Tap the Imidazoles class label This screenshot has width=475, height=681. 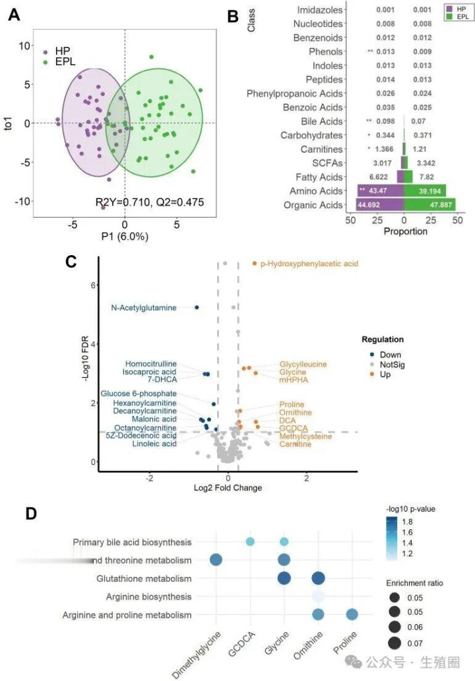[x=319, y=10]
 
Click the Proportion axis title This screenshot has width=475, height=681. [x=405, y=231]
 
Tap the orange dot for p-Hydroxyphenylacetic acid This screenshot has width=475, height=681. [x=255, y=264]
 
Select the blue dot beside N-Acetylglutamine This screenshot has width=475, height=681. [x=197, y=307]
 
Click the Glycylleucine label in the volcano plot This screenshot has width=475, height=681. [x=303, y=364]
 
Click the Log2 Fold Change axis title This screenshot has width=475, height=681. [x=228, y=488]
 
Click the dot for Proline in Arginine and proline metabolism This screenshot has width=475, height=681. [x=352, y=614]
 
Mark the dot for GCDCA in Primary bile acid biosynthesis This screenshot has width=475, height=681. [x=250, y=542]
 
